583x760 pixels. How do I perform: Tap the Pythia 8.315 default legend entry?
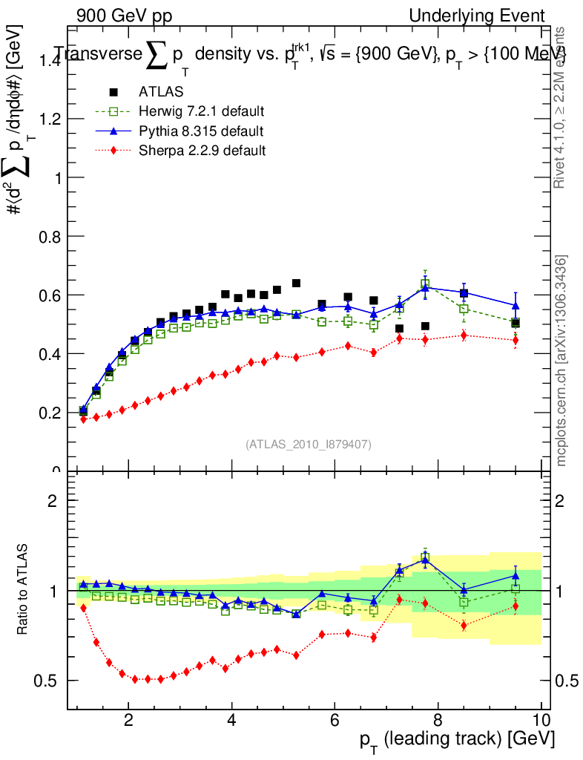click(x=201, y=131)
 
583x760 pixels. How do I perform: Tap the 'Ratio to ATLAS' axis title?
click(x=23, y=590)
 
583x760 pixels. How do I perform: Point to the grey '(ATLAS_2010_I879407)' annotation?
click(x=309, y=444)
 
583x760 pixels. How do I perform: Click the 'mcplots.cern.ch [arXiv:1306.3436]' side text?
click(x=562, y=361)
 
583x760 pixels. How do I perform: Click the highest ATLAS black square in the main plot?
click(x=296, y=283)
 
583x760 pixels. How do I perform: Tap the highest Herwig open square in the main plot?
click(x=425, y=284)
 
